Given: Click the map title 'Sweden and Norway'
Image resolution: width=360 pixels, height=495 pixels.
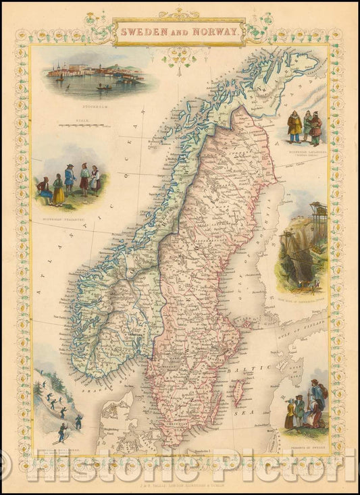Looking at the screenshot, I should pyautogui.click(x=179, y=31).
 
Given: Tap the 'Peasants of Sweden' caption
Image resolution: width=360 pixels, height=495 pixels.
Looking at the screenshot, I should pyautogui.click(x=304, y=437).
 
